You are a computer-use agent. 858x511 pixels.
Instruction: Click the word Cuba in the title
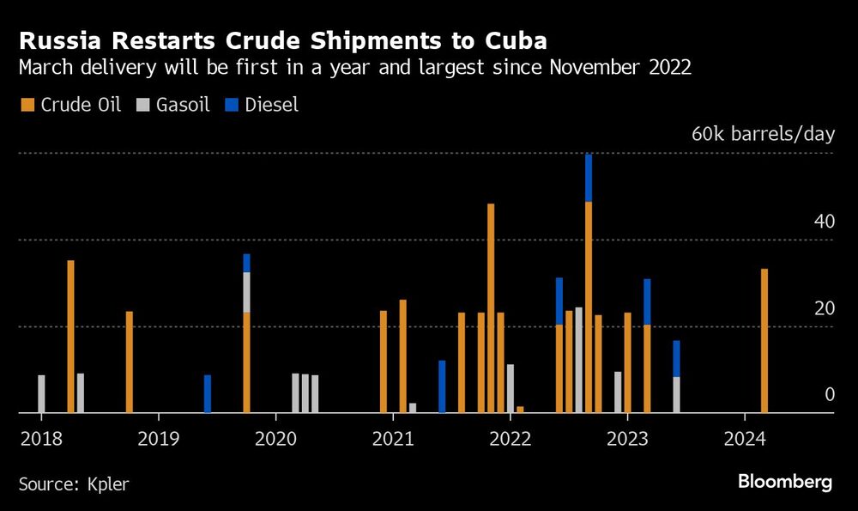pos(510,40)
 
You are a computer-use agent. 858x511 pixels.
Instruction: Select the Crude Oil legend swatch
pos(27,105)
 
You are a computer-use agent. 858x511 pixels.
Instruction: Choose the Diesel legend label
pos(271,105)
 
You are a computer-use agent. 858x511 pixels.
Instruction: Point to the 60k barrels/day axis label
pos(763,135)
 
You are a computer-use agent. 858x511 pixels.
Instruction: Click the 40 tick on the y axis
pos(824,222)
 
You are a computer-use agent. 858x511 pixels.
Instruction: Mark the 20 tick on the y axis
pos(824,308)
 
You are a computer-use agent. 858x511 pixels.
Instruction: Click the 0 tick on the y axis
pos(829,395)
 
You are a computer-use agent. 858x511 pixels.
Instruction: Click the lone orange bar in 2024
pos(764,341)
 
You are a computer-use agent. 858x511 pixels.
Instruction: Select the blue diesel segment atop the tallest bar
pos(589,178)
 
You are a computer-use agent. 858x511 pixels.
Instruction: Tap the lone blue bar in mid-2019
pos(208,393)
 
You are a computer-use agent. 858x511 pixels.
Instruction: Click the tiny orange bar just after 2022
pos(520,410)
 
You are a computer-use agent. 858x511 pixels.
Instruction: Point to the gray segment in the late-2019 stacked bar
pos(247,292)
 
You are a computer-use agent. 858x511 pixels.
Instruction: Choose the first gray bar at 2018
pos(41,393)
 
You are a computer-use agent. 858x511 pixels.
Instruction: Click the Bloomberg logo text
pos(784,483)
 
